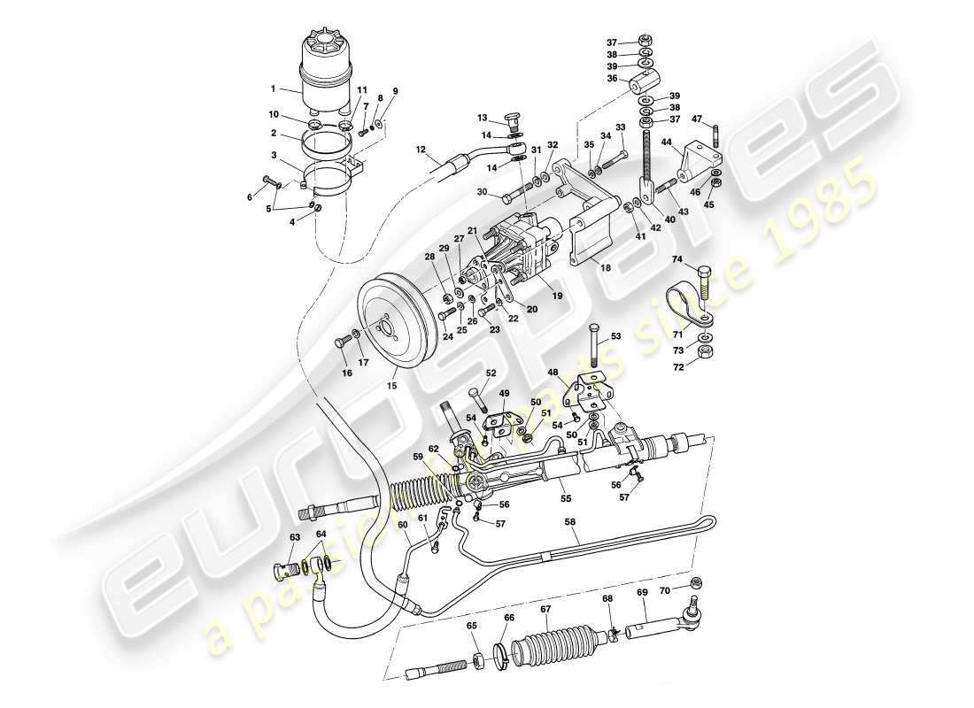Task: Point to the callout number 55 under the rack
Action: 566,498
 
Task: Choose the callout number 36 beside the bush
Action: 611,79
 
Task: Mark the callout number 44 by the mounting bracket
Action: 665,142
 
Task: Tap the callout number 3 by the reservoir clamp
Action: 274,156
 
